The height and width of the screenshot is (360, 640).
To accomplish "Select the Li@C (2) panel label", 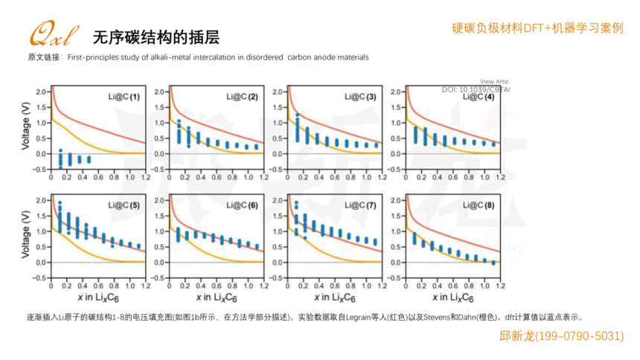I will [243, 97].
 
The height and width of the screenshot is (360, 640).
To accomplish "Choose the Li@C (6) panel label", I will [243, 205].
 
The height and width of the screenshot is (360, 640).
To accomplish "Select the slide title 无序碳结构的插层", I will [156, 37].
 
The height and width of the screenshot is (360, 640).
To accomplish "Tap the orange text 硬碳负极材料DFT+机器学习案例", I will [537, 28].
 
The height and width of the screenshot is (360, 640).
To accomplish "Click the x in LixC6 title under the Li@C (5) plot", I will [89, 298].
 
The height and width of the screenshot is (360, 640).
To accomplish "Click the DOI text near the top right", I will [475, 89].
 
